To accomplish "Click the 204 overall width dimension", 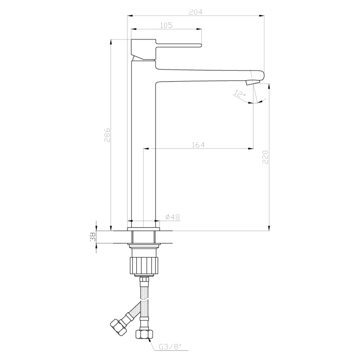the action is point(196,12).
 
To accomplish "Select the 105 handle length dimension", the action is point(166,25).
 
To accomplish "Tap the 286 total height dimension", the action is point(107,135).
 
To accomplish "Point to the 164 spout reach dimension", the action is point(198,145).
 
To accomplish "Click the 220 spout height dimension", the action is point(265,157).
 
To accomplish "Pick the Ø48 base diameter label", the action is point(173,217).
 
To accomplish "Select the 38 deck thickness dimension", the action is point(93,237).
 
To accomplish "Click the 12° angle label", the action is point(239,94).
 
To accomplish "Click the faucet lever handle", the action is point(178,45).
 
